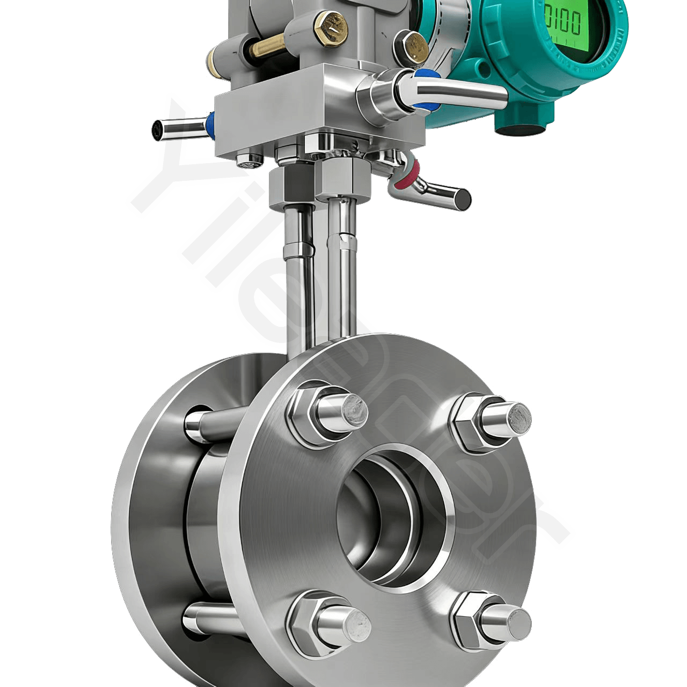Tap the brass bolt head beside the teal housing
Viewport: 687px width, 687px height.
[410, 45]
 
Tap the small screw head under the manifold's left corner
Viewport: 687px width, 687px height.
[250, 158]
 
